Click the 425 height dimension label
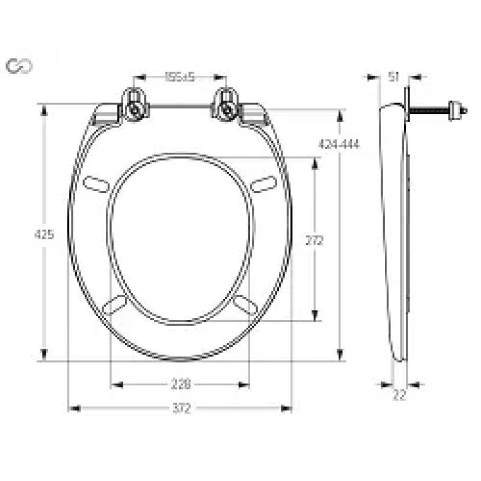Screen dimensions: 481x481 (43, 234)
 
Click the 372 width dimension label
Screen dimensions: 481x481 (181, 409)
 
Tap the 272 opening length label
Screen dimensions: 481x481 (314, 240)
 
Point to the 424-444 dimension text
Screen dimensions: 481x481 (339, 145)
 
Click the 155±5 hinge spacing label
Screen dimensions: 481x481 (180, 77)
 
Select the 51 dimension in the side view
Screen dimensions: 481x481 (394, 76)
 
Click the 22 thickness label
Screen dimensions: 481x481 (399, 395)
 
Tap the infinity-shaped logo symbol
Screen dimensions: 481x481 (19, 66)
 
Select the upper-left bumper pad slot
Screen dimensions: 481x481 (96, 183)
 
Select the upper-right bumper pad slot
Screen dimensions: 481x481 (264, 183)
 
